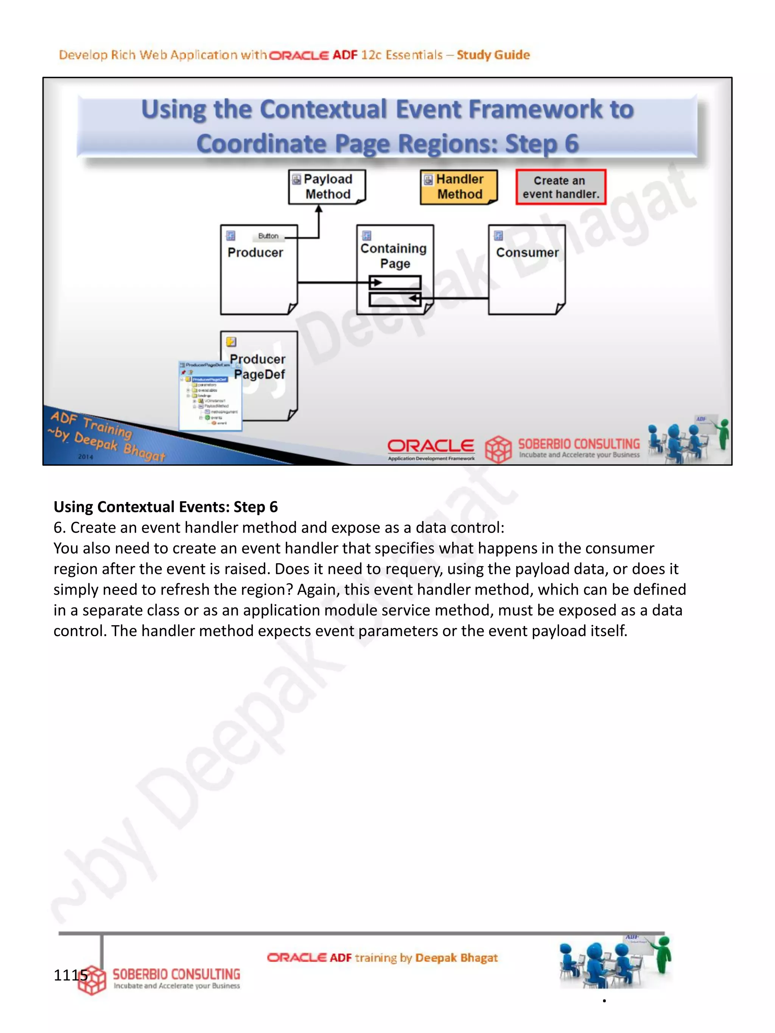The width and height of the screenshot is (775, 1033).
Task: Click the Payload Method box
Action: (327, 186)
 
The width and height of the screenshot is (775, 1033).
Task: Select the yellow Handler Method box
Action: (459, 187)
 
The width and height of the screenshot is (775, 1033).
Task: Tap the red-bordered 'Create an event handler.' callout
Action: (560, 187)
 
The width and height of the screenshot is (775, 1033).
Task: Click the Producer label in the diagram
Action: (255, 253)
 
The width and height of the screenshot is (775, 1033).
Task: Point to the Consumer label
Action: (527, 253)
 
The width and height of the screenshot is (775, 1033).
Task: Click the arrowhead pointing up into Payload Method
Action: (319, 209)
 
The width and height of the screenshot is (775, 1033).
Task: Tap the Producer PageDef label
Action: (258, 367)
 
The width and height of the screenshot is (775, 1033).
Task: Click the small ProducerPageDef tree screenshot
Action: (210, 396)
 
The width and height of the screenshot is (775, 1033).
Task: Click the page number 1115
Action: (70, 975)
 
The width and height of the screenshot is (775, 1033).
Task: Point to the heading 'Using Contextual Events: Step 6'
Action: (165, 507)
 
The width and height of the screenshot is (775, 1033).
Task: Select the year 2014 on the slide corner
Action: (86, 457)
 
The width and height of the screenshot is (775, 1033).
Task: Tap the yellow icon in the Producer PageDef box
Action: (231, 342)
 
